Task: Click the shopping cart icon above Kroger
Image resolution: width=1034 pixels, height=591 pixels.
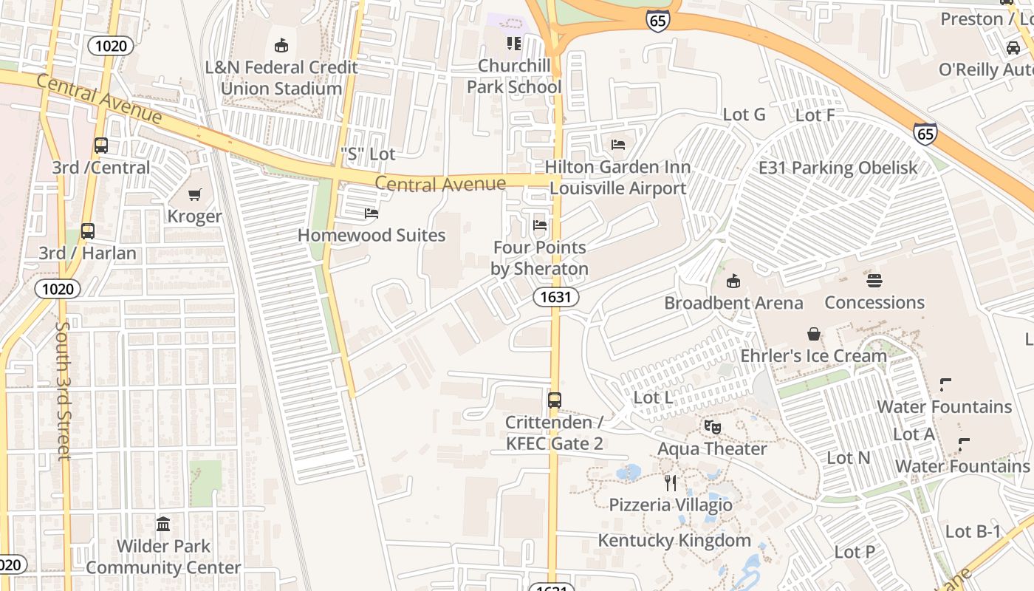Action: [x=194, y=195]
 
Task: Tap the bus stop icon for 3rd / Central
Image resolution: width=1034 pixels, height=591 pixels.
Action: [x=101, y=146]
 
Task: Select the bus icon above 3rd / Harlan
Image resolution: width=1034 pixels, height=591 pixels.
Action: [x=88, y=231]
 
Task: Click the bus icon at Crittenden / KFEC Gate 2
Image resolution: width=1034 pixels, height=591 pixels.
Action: [x=554, y=400]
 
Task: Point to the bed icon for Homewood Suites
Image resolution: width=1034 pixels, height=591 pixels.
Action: [x=372, y=213]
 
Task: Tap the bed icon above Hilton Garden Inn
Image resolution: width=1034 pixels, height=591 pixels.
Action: [x=618, y=144]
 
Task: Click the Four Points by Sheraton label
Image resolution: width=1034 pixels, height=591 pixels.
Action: [x=540, y=258]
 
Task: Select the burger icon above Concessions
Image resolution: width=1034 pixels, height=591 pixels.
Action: [x=874, y=281]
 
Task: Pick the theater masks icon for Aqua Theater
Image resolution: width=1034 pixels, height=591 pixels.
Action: [x=712, y=427]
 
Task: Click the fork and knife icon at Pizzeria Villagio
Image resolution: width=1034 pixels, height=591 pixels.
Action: [x=671, y=483]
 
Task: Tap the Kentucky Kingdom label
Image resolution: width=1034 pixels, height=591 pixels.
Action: [x=674, y=540]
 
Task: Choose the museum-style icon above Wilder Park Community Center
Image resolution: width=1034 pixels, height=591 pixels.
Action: [x=163, y=525]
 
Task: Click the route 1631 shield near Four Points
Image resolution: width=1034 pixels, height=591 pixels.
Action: [x=555, y=297]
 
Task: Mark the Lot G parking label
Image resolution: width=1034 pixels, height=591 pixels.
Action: [x=744, y=115]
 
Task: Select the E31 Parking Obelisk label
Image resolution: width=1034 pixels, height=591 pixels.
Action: [x=838, y=168]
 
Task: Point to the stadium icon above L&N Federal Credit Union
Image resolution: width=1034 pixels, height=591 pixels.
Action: [x=281, y=46]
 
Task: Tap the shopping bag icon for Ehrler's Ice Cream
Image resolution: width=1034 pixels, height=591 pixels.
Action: [x=813, y=334]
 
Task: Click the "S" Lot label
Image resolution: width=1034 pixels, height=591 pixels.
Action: [x=368, y=154]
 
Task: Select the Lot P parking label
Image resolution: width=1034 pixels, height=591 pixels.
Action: [x=855, y=552]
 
